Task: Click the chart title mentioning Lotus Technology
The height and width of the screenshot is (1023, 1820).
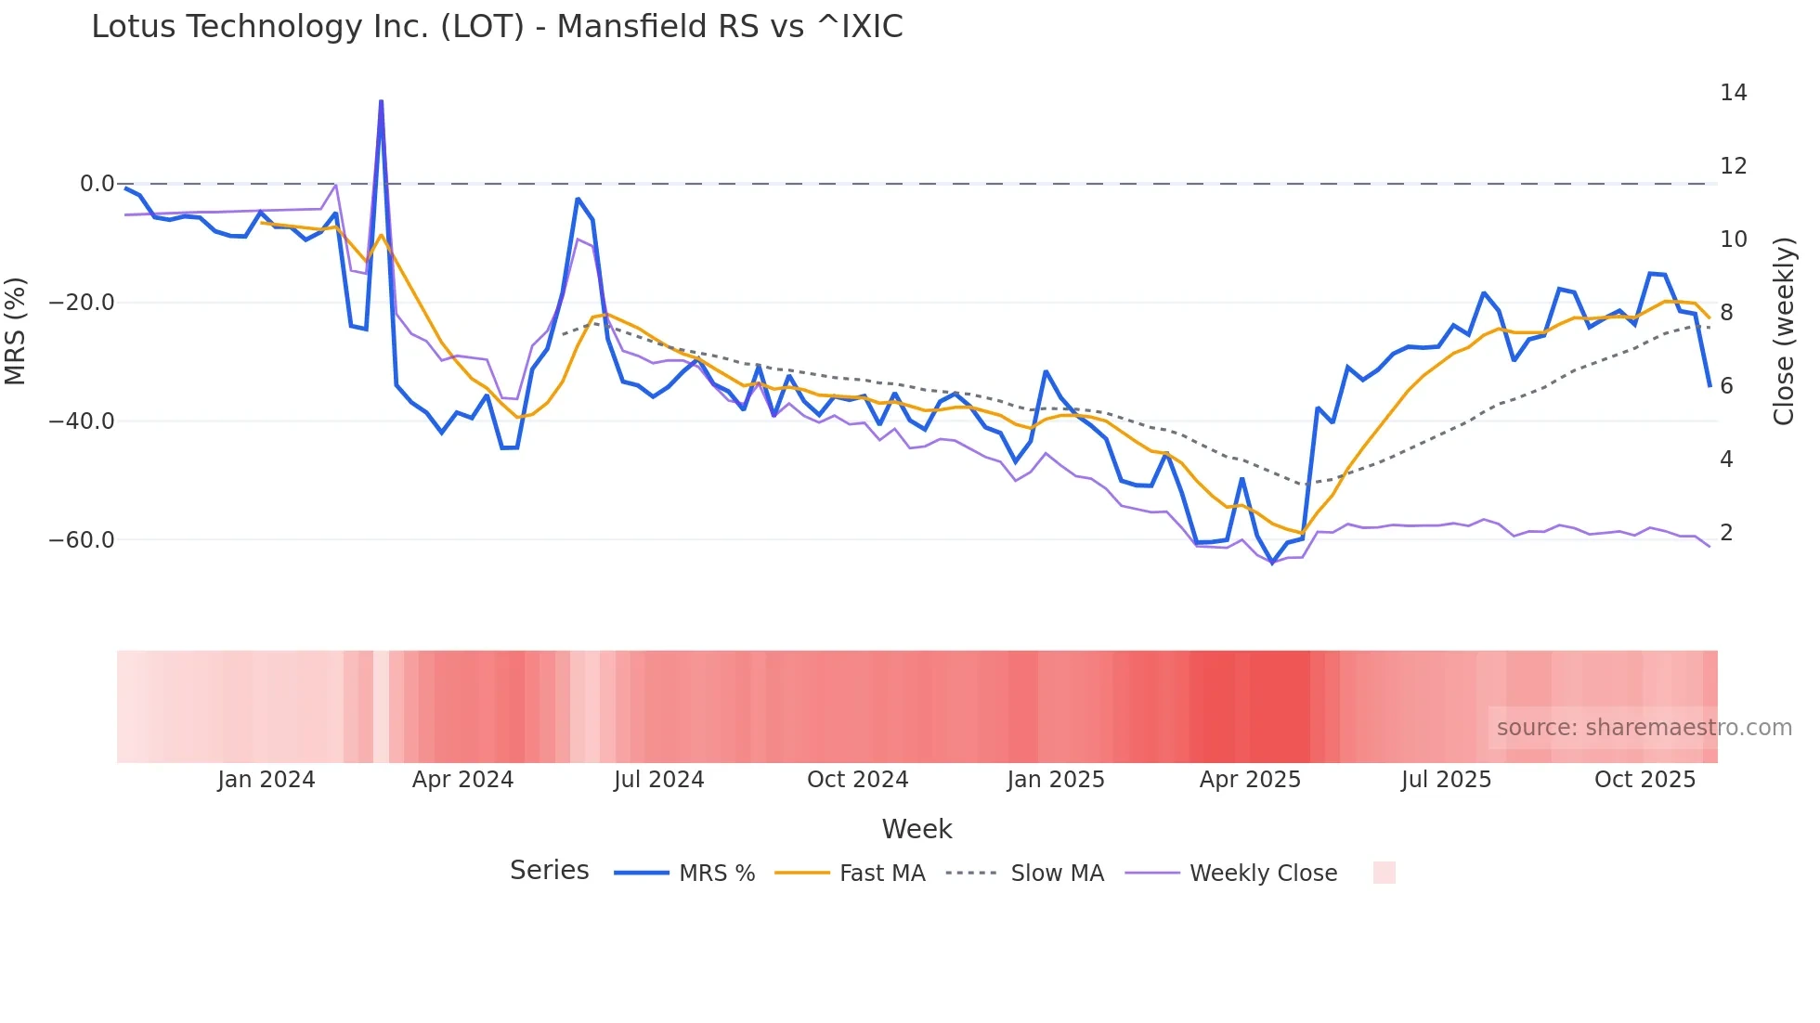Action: pyautogui.click(x=497, y=27)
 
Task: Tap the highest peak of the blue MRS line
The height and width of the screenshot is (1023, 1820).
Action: pyautogui.click(x=381, y=101)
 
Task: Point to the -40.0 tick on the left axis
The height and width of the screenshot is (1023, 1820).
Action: pyautogui.click(x=82, y=421)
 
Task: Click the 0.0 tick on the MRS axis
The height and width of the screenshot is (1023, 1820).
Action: pyautogui.click(x=97, y=184)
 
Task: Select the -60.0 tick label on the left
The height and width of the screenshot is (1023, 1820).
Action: pyautogui.click(x=82, y=540)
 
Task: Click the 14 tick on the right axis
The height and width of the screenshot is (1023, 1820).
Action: pyautogui.click(x=1733, y=93)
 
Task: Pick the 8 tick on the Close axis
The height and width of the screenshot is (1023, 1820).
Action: pyautogui.click(x=1726, y=313)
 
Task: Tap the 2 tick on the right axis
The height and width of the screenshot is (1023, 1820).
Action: pyautogui.click(x=1726, y=533)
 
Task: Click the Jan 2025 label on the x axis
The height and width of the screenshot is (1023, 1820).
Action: pyautogui.click(x=1056, y=780)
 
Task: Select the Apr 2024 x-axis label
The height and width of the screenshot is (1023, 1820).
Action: pyautogui.click(x=462, y=780)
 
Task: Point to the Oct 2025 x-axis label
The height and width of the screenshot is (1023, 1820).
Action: pyautogui.click(x=1644, y=780)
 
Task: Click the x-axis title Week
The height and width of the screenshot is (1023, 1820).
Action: pyautogui.click(x=916, y=829)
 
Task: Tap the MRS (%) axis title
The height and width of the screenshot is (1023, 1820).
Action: pyautogui.click(x=15, y=330)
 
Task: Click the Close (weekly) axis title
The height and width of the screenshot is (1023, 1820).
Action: pyautogui.click(x=1784, y=331)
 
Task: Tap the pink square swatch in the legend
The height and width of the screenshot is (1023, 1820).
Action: pyautogui.click(x=1384, y=873)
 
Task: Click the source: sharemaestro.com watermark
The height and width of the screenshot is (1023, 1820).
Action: pyautogui.click(x=1644, y=728)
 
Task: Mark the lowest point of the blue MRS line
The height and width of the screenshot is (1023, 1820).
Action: pyautogui.click(x=1272, y=563)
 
